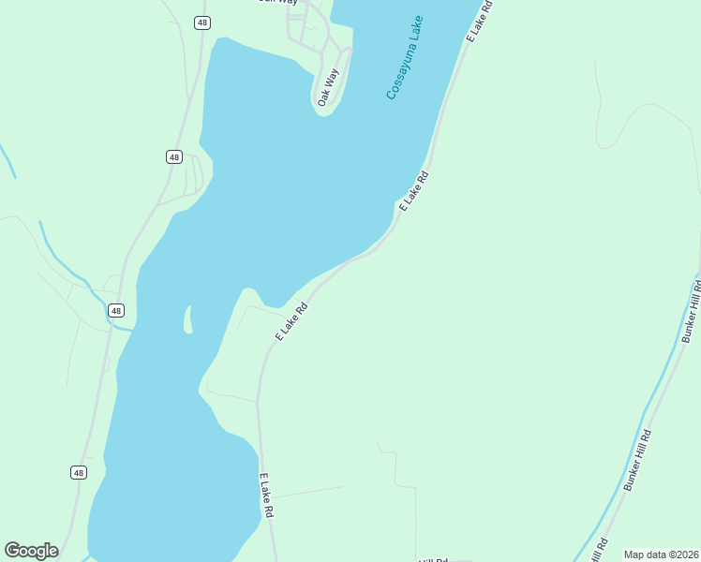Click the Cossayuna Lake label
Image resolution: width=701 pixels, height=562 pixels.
pyautogui.click(x=405, y=57)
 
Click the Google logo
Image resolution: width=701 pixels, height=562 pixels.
pyautogui.click(x=31, y=551)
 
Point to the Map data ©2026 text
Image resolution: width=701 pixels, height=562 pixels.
pyautogui.click(x=660, y=555)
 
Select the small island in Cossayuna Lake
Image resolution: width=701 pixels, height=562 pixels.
pyautogui.click(x=187, y=319)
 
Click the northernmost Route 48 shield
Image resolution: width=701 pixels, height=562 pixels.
pyautogui.click(x=201, y=22)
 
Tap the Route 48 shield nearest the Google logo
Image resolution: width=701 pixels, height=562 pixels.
pyautogui.click(x=78, y=473)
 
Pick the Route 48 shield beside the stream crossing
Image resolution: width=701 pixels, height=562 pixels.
pyautogui.click(x=115, y=310)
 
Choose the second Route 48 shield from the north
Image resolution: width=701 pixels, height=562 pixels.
pyautogui.click(x=174, y=156)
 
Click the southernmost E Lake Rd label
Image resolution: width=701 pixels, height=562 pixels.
pyautogui.click(x=267, y=495)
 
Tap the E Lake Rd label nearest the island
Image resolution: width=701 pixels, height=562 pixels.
pyautogui.click(x=291, y=322)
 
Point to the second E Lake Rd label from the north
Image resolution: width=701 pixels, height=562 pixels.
pyautogui.click(x=413, y=190)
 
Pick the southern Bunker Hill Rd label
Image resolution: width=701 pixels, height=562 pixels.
pyautogui.click(x=637, y=460)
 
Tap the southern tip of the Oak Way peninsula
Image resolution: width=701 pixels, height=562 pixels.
pyautogui.click(x=319, y=106)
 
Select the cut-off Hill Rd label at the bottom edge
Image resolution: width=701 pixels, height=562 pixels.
pyautogui.click(x=434, y=559)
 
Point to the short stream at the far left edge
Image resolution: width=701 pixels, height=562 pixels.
pyautogui.click(x=8, y=162)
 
